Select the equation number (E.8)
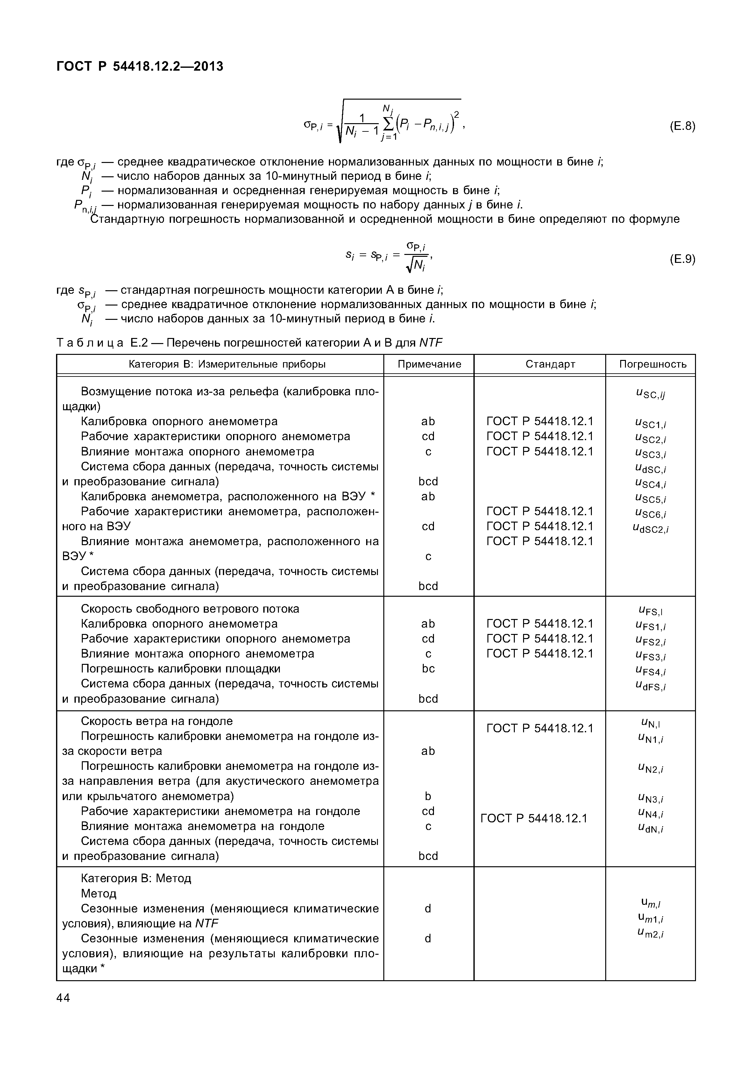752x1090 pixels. (682, 126)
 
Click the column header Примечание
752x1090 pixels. (429, 364)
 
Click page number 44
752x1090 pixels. (63, 998)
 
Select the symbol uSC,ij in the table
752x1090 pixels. (650, 394)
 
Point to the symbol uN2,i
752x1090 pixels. (650, 769)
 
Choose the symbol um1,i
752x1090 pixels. (650, 918)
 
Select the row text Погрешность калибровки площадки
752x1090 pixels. (181, 669)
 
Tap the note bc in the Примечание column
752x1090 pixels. (428, 669)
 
